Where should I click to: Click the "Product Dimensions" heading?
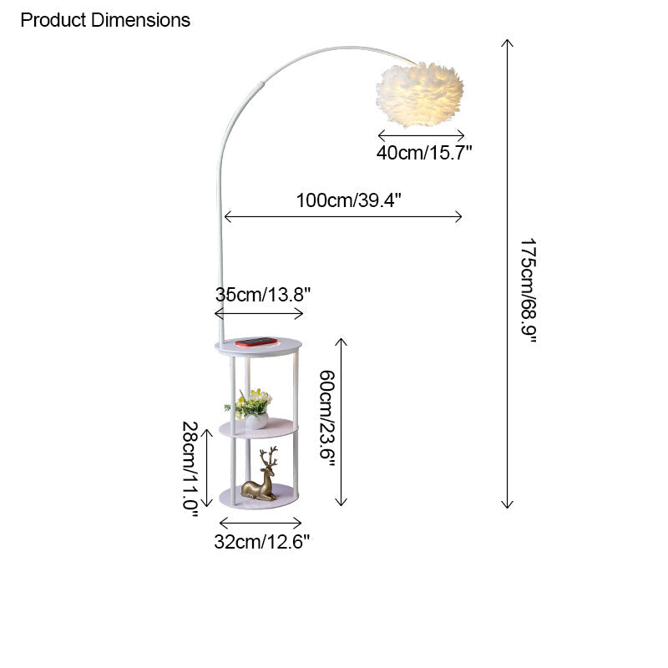coord(105,20)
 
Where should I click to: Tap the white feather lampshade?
coord(419,94)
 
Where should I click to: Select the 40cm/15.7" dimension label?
coord(424,152)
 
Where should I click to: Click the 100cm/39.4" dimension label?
coord(349,200)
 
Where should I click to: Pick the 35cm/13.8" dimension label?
coord(263,294)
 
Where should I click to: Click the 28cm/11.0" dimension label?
coord(190,468)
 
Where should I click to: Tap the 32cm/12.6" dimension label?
coord(262,541)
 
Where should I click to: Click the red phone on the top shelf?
coord(256,342)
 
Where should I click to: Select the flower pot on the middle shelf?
coord(256,420)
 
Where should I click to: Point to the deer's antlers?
coord(269,456)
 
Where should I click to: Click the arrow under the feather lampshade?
coord(421,134)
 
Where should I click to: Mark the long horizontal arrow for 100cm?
coord(342,216)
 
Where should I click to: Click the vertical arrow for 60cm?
coord(341,422)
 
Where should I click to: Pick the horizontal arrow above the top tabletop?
coord(259,313)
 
